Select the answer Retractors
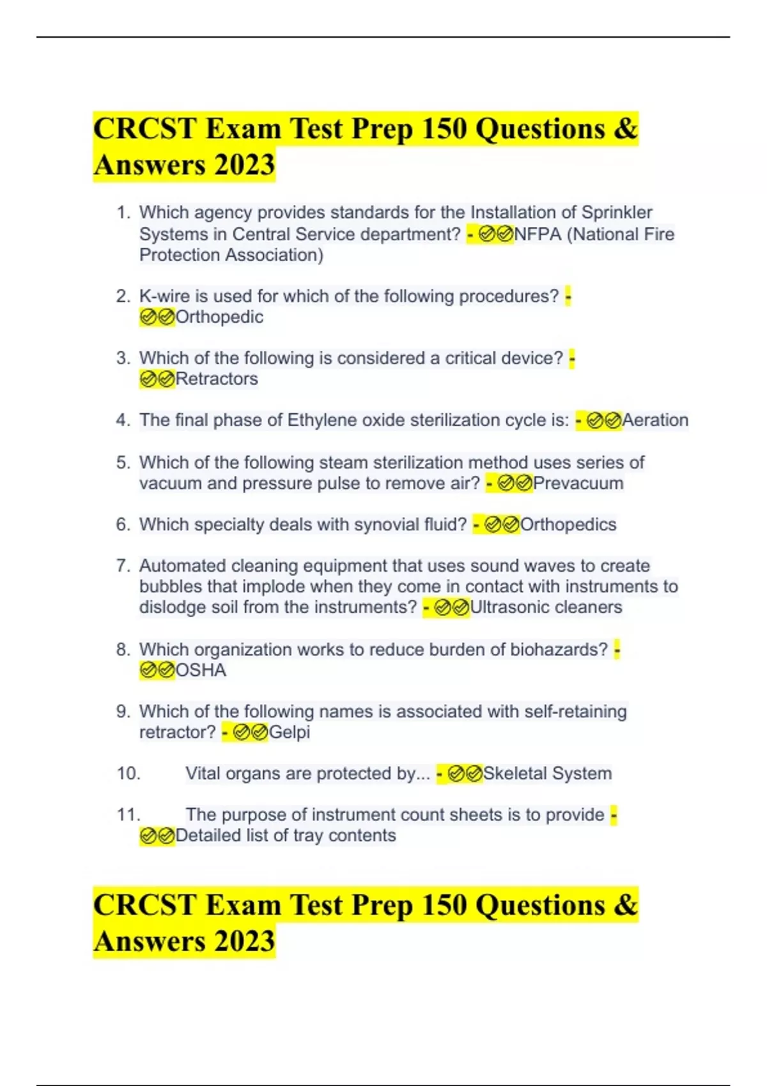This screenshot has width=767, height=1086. click(x=217, y=379)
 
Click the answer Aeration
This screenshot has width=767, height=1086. click(x=655, y=420)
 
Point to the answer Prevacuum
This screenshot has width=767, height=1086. click(x=578, y=484)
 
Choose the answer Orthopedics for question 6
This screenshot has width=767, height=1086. click(x=568, y=524)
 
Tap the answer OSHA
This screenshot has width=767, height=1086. click(x=201, y=670)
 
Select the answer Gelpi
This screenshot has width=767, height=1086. click(x=290, y=732)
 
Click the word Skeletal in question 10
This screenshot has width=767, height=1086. click(x=515, y=774)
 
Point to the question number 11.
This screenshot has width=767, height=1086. click(x=128, y=815)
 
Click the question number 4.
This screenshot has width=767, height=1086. click(x=123, y=420)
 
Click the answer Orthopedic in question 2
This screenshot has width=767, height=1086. click(x=219, y=317)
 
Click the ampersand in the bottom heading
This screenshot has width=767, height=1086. click(x=626, y=905)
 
